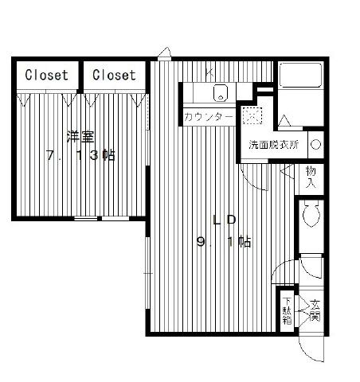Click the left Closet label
point(46,75)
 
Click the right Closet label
point(114,75)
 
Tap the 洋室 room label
point(80,137)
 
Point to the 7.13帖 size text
point(80,155)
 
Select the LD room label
point(225,220)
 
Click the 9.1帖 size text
point(224,242)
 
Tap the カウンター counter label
point(209,117)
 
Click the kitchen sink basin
point(221,92)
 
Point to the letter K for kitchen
point(209,72)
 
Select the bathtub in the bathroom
point(300,75)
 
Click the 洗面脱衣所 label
point(274,145)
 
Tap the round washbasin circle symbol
point(316,145)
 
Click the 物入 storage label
point(311,177)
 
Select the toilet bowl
point(311,213)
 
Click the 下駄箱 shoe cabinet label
point(287,311)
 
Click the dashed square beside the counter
point(252,115)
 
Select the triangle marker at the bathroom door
point(284,120)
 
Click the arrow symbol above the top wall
point(165,53)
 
